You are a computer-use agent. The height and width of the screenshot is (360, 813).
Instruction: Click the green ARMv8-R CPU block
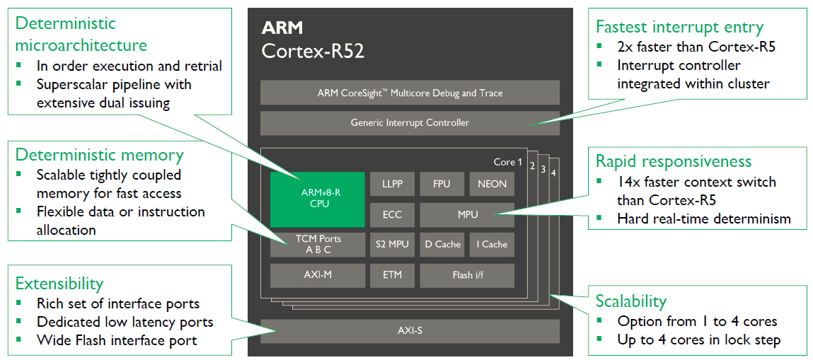click(317, 199)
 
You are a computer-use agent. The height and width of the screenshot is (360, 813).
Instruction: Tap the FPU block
click(442, 184)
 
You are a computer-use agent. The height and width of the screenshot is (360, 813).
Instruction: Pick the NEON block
click(492, 184)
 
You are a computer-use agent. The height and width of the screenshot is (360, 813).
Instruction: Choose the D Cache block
click(442, 244)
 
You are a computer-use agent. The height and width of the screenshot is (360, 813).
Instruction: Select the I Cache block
click(492, 244)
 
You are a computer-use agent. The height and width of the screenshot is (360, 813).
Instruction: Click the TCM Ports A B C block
click(317, 244)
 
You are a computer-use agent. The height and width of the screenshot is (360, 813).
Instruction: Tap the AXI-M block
click(317, 274)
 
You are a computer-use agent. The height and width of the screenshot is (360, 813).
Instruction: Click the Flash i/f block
click(467, 274)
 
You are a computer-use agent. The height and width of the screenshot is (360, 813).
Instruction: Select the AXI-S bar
click(410, 330)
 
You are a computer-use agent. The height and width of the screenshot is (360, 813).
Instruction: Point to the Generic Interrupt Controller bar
click(410, 123)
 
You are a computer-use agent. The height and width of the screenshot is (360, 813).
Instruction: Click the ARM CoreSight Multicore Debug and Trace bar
click(410, 93)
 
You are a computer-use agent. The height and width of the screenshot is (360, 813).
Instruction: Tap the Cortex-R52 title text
click(313, 52)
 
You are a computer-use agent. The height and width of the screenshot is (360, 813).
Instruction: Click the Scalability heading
click(631, 301)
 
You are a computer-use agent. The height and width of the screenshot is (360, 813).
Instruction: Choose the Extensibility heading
click(59, 284)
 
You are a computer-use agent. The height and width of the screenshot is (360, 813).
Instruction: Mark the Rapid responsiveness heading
click(674, 161)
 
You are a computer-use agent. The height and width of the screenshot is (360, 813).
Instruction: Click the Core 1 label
click(507, 162)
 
